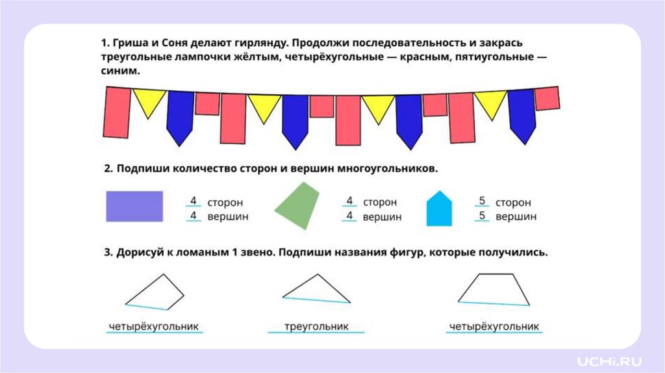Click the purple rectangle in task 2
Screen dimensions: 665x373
click(x=134, y=207)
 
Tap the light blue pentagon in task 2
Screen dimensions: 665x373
click(x=439, y=209)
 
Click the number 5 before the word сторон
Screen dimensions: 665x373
click(x=482, y=201)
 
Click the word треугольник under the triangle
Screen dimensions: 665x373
click(x=317, y=326)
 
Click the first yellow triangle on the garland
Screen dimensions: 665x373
click(x=149, y=101)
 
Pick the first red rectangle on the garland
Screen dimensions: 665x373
click(x=118, y=112)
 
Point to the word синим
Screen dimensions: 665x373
click(x=120, y=71)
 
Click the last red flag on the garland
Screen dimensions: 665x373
click(x=547, y=98)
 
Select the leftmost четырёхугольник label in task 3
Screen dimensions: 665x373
click(x=153, y=326)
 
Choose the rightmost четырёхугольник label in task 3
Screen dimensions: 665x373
click(x=495, y=326)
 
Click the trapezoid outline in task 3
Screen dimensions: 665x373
click(x=494, y=289)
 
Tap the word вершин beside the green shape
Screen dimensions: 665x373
click(x=382, y=217)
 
